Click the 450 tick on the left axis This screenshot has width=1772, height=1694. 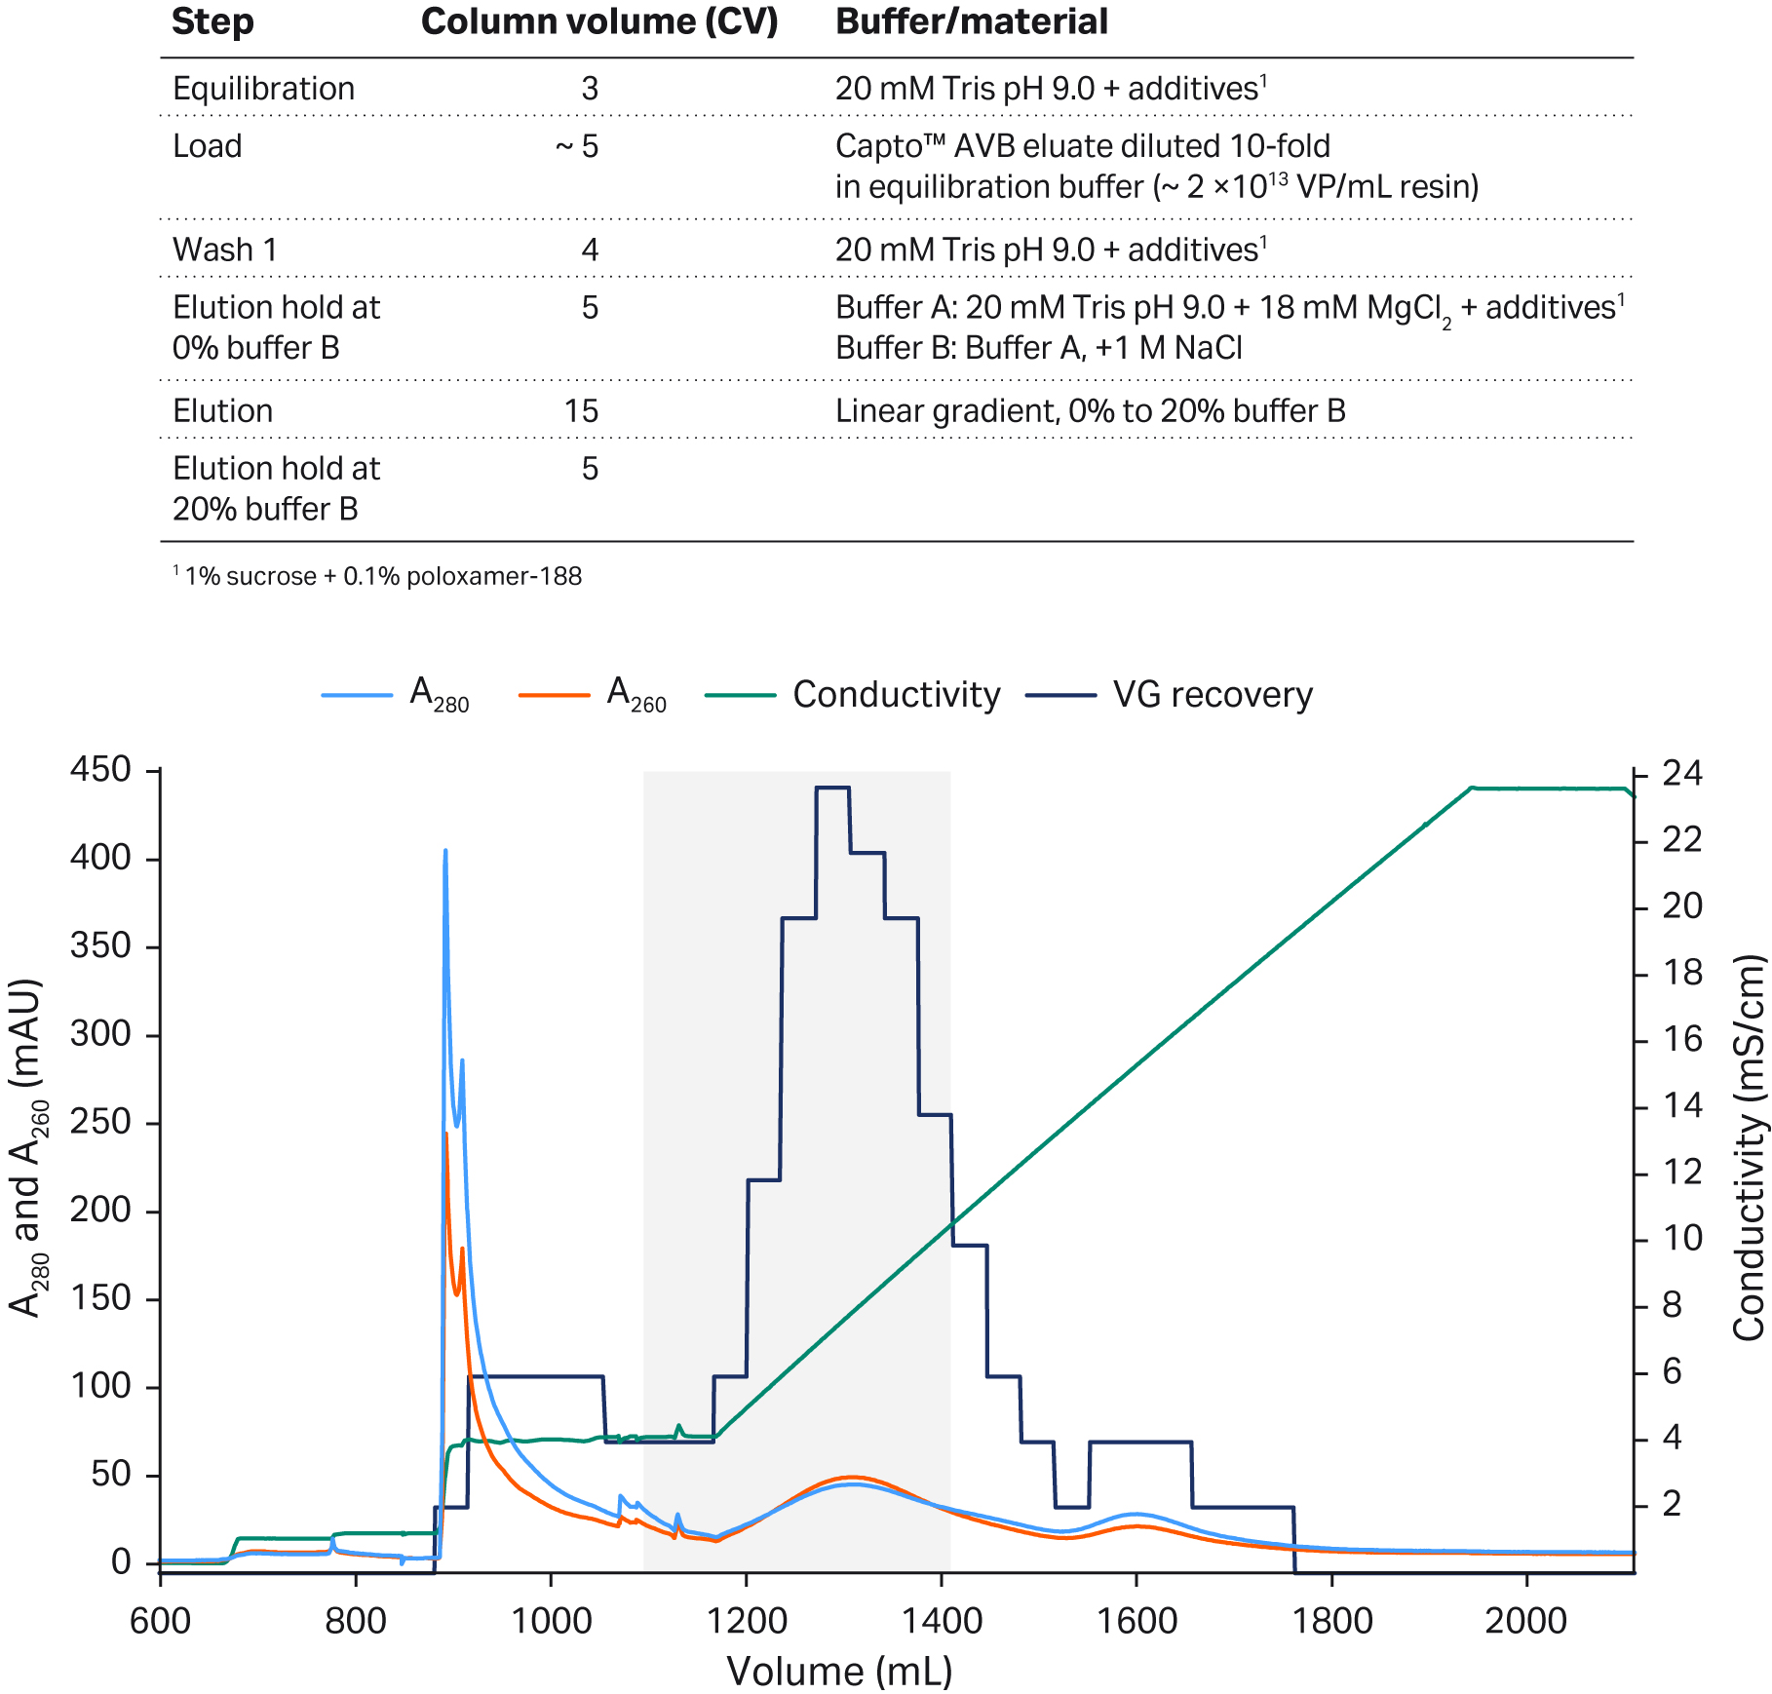click(x=100, y=770)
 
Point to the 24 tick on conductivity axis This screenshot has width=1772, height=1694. click(x=1681, y=775)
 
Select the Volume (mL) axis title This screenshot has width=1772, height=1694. click(x=839, y=1671)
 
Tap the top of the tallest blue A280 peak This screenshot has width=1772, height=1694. click(x=445, y=851)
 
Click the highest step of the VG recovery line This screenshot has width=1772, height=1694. click(x=833, y=788)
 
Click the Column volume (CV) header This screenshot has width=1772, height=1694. click(x=599, y=21)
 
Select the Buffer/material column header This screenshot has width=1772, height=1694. click(x=972, y=21)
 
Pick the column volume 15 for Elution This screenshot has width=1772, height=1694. click(x=581, y=410)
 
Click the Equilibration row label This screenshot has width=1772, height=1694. click(x=263, y=89)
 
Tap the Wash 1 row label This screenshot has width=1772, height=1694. click(x=224, y=250)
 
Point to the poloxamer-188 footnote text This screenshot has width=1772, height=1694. click(x=493, y=576)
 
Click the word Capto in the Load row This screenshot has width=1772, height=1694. click(x=870, y=146)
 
